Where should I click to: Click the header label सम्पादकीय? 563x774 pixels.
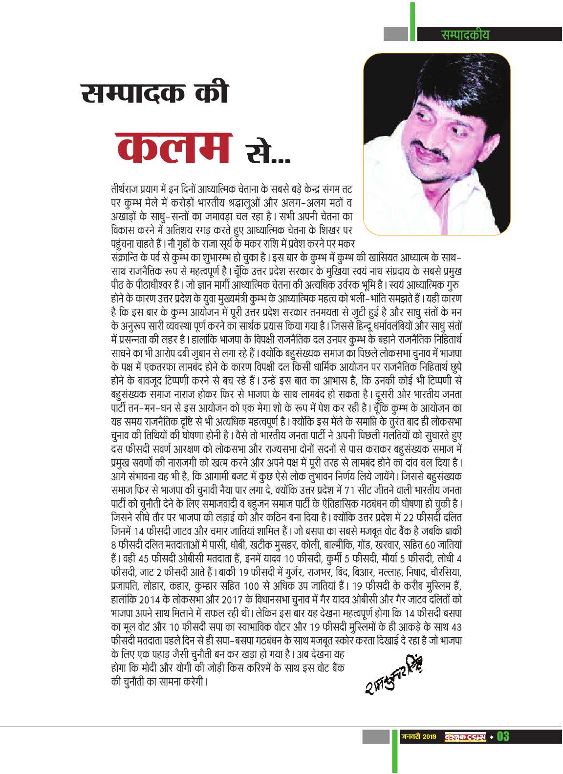(x=464, y=35)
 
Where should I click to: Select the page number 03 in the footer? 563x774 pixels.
(x=503, y=736)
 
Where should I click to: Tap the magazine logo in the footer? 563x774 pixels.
(x=465, y=736)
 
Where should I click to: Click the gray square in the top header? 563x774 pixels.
(x=395, y=34)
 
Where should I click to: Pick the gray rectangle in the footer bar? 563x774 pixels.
(x=376, y=736)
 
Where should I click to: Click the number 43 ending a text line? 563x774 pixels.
(x=457, y=627)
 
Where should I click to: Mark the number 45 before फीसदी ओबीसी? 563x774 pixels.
(x=143, y=559)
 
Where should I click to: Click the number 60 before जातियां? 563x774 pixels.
(x=430, y=545)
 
